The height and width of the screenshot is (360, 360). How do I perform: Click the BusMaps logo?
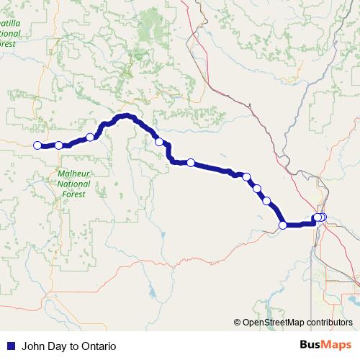pos(327,346)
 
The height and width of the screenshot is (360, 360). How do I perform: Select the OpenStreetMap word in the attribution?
pos(275,322)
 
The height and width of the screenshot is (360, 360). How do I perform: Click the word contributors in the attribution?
pos(329,322)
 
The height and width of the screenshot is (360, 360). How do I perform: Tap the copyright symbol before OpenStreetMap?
pos(238,322)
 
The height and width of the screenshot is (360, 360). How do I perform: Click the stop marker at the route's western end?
pos(37,145)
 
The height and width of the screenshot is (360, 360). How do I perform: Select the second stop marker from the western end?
pos(58,145)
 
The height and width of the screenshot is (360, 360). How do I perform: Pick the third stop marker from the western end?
pos(90,137)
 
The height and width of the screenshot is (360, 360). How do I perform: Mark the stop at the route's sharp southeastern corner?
pos(282,225)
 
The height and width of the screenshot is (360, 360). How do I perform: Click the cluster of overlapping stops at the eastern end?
pos(320,217)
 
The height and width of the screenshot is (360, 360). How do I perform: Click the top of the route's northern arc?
pos(126,115)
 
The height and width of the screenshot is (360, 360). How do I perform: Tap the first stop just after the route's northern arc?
pos(159,142)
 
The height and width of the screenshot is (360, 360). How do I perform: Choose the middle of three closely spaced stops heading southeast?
pos(257,189)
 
